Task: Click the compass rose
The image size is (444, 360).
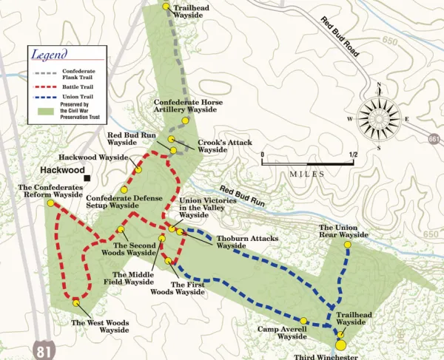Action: tap(380, 118)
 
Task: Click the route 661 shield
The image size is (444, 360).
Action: tap(436, 137)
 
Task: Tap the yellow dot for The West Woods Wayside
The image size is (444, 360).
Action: tap(76, 301)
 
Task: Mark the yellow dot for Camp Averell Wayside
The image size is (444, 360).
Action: tap(305, 321)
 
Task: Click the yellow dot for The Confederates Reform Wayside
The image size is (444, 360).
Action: tap(50, 203)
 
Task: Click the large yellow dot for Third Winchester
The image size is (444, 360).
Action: tap(340, 344)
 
